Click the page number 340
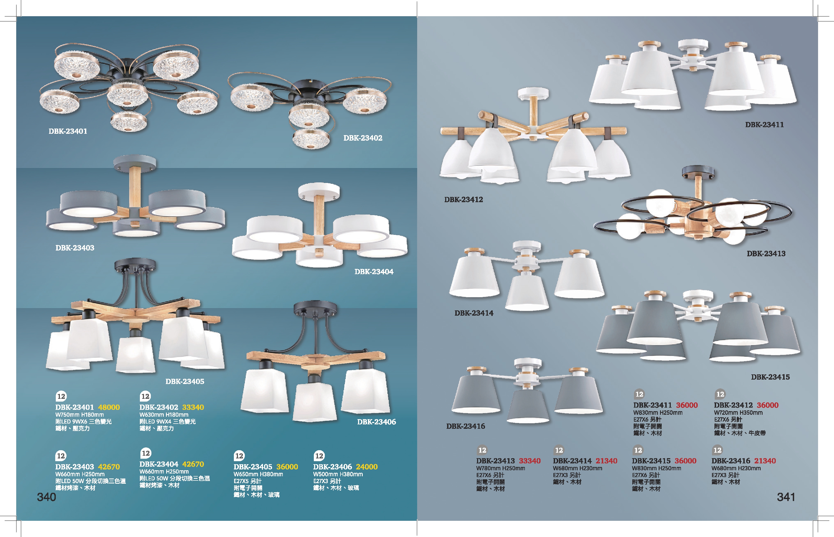(x=46, y=497)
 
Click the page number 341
(x=786, y=497)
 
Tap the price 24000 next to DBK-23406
(x=367, y=467)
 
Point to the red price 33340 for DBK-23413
(x=530, y=461)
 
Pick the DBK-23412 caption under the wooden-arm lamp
(x=464, y=199)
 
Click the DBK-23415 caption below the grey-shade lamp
(x=770, y=377)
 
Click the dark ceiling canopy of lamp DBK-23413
(x=698, y=171)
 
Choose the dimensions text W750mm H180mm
(x=79, y=414)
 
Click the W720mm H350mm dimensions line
(x=738, y=413)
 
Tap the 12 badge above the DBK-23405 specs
(x=239, y=456)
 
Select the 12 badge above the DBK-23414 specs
(x=559, y=450)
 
